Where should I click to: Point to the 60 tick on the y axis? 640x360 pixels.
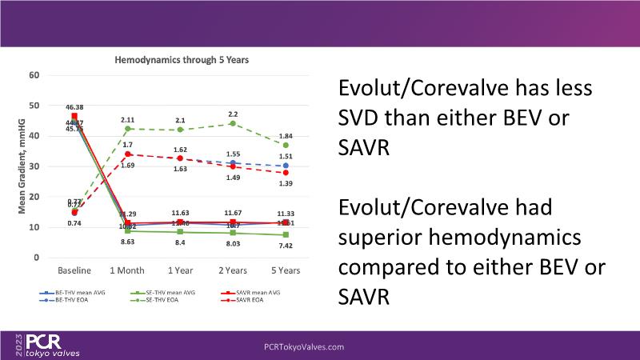click(34, 75)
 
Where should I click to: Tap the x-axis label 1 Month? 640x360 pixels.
click(126, 271)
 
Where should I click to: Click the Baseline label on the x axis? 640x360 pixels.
click(74, 271)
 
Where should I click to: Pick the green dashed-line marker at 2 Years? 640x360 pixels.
click(233, 123)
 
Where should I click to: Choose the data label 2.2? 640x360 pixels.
click(233, 114)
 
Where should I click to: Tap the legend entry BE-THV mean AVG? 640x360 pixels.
click(70, 294)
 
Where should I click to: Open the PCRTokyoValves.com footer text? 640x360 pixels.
click(304, 346)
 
